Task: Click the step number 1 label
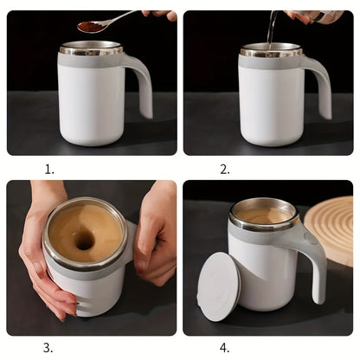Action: (49, 170)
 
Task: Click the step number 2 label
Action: (225, 170)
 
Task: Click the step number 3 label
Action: (48, 348)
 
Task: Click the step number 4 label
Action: (225, 348)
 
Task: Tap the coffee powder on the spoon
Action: (90, 27)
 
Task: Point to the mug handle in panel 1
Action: (142, 82)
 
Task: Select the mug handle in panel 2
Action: (321, 82)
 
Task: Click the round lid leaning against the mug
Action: (218, 286)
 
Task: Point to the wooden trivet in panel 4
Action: (332, 228)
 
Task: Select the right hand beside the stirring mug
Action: (157, 238)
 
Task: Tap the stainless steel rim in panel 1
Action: (91, 49)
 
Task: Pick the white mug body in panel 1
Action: (91, 104)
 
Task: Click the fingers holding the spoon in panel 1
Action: (160, 14)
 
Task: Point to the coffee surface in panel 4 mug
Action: (263, 215)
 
